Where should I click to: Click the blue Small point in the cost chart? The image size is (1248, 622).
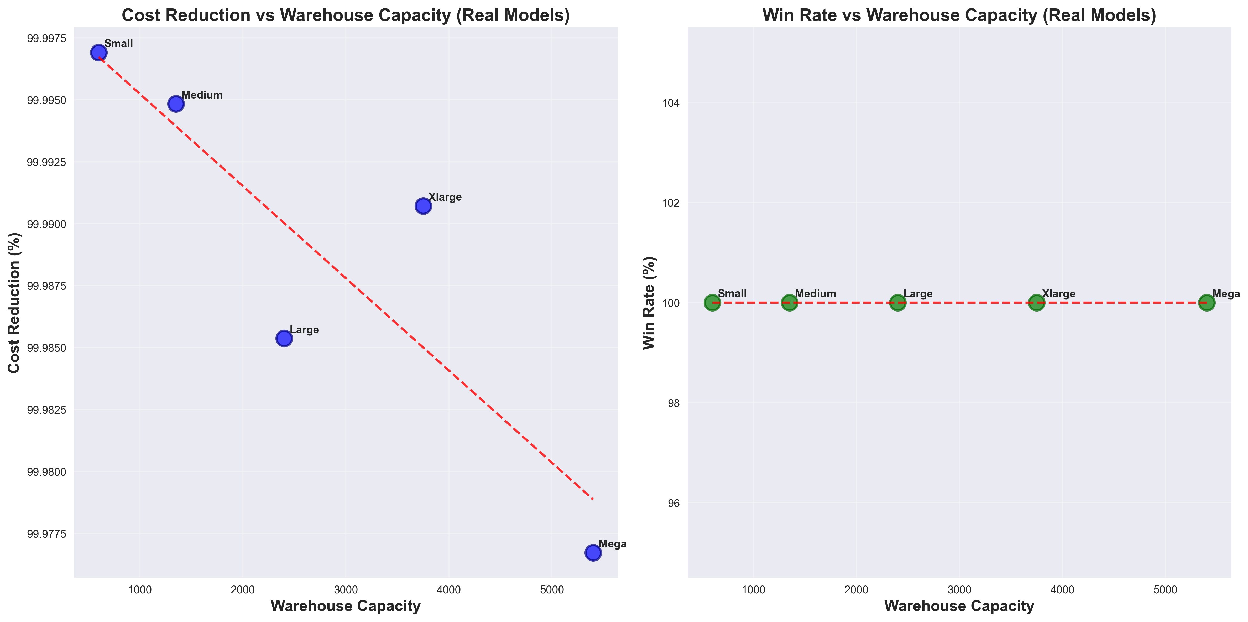pyautogui.click(x=98, y=52)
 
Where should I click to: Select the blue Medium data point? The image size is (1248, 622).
pyautogui.click(x=176, y=104)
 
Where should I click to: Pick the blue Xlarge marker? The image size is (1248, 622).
pyautogui.click(x=423, y=206)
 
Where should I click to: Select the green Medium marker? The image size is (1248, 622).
pyautogui.click(x=789, y=303)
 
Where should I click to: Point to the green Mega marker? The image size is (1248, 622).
pyautogui.click(x=1206, y=303)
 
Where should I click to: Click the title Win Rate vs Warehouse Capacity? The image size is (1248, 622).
pyautogui.click(x=959, y=15)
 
